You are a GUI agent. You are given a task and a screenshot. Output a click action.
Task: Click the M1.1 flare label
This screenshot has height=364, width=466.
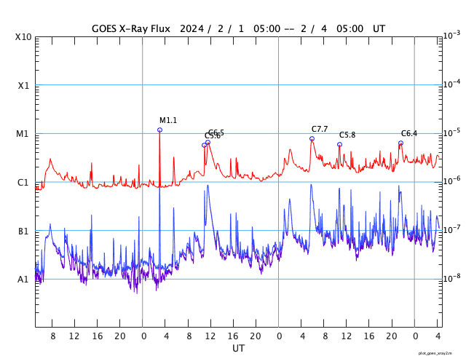tap(168, 120)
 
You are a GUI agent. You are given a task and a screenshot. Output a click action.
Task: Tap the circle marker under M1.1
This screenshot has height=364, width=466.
tap(159, 130)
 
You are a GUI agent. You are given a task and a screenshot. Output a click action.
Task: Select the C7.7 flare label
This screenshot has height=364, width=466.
tap(320, 129)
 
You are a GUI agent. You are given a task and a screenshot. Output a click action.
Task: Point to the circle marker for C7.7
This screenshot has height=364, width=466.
tap(312, 138)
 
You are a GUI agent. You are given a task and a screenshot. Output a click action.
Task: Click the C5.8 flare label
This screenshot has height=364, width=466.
tap(347, 135)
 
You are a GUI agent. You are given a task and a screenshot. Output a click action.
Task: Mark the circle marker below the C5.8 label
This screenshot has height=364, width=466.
tap(339, 144)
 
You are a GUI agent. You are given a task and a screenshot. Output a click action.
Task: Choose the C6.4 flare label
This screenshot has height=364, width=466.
tap(409, 133)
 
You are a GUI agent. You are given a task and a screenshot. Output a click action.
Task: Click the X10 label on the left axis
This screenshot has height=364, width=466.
tap(23, 36)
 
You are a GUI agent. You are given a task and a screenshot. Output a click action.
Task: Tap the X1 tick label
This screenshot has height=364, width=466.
tap(23, 85)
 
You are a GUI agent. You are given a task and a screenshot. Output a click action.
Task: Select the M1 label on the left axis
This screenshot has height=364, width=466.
tap(23, 134)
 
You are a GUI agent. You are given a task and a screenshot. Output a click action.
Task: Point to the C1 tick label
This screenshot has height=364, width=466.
tap(23, 182)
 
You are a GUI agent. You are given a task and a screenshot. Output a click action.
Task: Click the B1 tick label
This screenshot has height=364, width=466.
tap(23, 231)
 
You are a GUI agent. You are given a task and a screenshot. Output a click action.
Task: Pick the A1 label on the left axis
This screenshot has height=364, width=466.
tap(23, 280)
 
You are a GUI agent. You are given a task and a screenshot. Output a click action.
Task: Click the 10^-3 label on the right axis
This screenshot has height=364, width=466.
tap(451, 36)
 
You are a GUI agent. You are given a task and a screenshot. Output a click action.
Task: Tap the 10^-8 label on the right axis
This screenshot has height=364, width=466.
tap(451, 279)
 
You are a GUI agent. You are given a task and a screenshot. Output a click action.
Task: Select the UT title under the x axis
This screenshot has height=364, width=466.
tap(238, 349)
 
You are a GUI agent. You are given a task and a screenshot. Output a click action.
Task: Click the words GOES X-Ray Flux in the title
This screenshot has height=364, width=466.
tap(130, 28)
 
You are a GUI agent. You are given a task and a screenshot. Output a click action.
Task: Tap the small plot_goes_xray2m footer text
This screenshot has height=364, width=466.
tap(439, 352)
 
